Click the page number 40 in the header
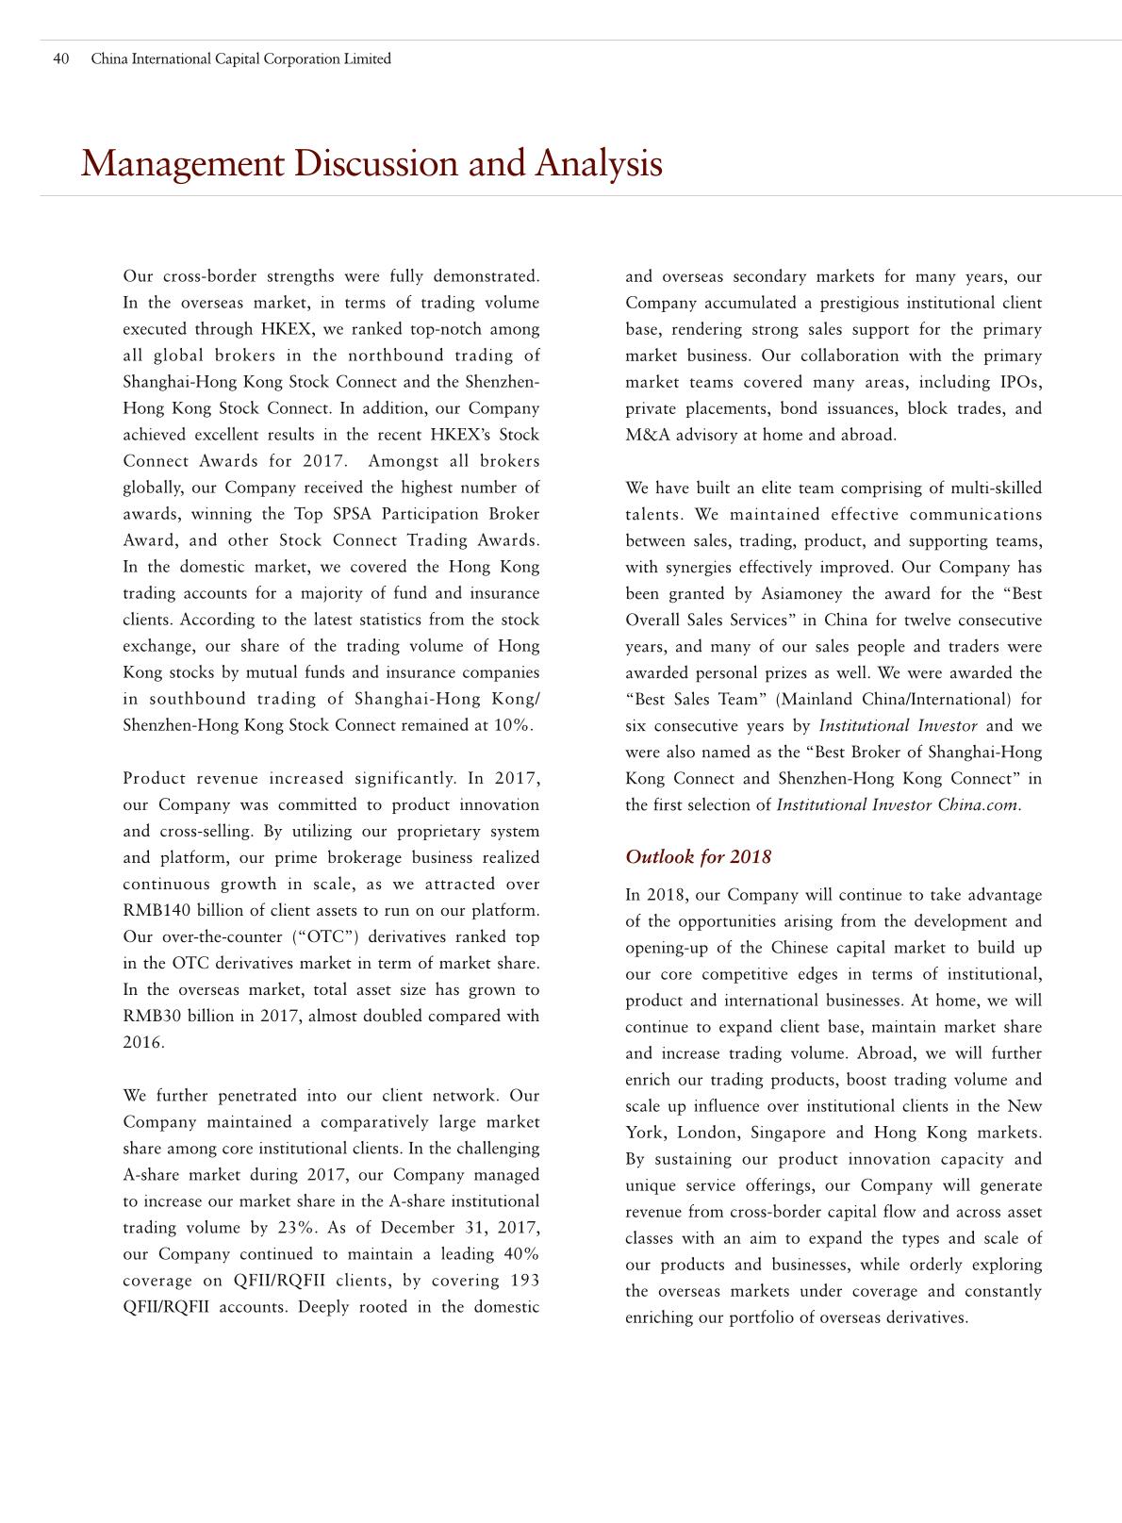61,59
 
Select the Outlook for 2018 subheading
698,856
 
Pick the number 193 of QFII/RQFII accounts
524,1281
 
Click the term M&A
646,436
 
